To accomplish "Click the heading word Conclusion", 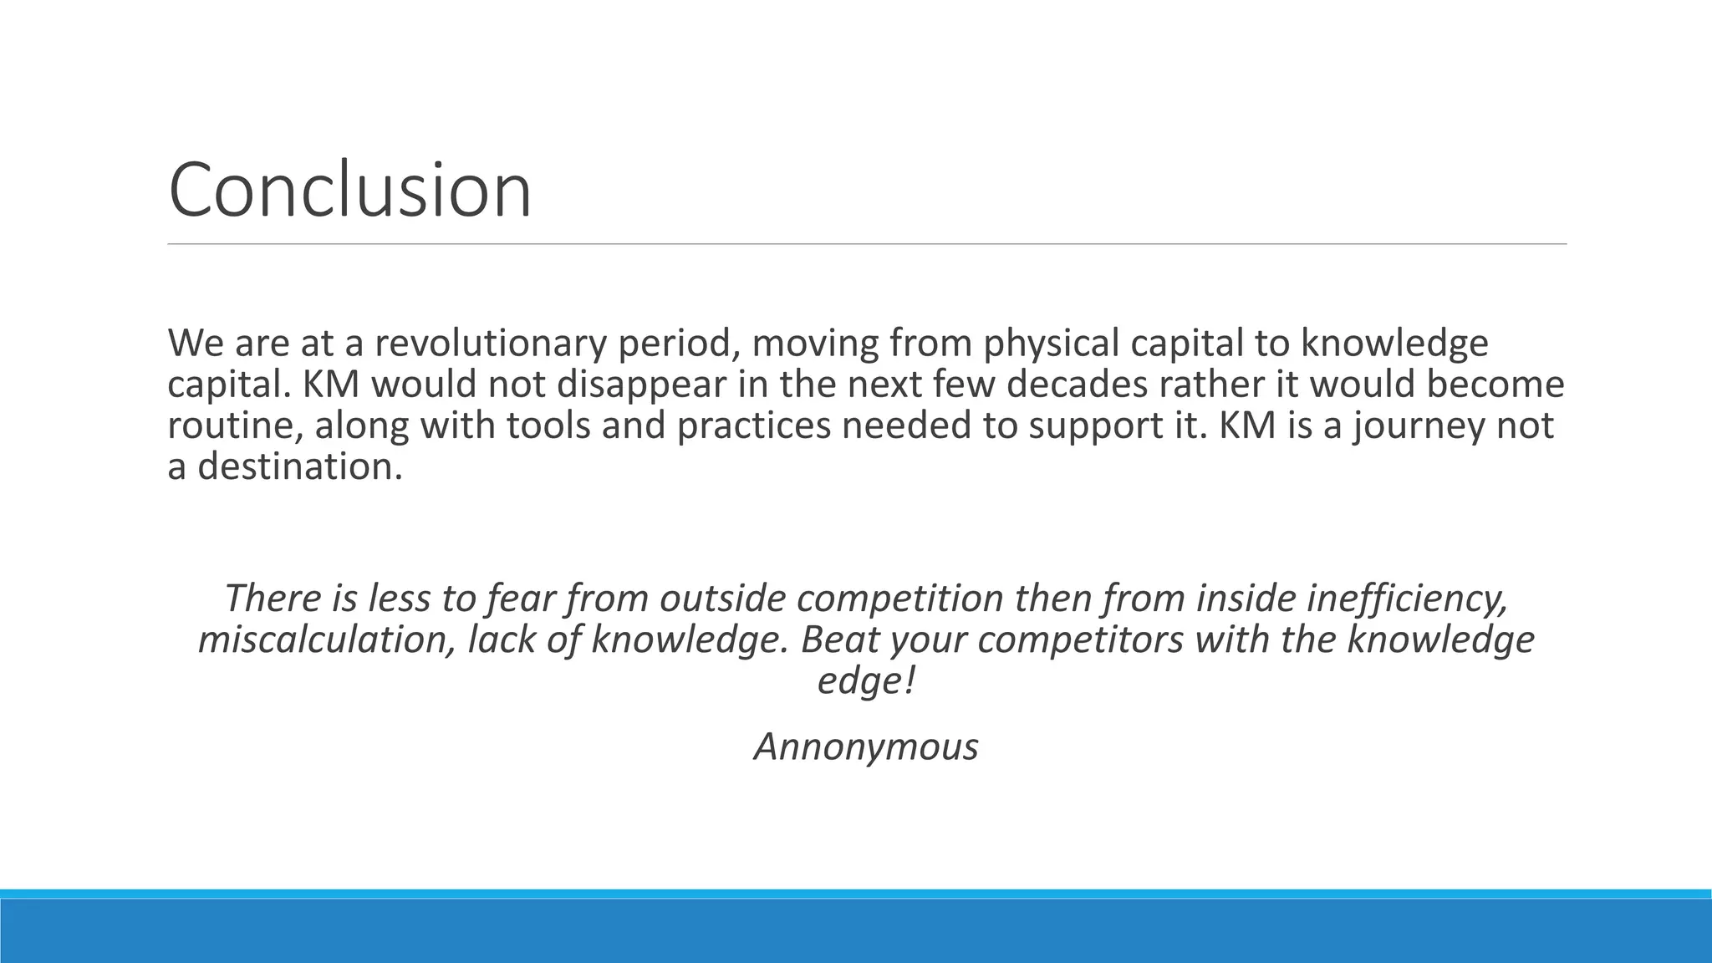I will point(349,190).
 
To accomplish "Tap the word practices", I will point(753,425).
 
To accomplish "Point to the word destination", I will point(299,466).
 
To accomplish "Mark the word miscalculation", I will point(327,639).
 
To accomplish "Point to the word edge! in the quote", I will point(866,680).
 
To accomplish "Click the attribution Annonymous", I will point(866,746).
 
